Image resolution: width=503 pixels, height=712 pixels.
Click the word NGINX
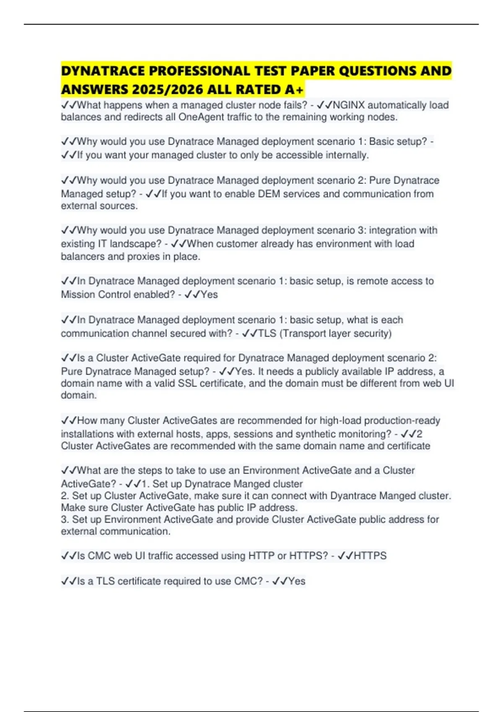(x=349, y=105)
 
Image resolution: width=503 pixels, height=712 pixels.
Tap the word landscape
(x=135, y=244)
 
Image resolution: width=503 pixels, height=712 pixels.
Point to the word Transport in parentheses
(x=303, y=333)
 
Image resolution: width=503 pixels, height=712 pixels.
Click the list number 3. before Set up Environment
(x=65, y=519)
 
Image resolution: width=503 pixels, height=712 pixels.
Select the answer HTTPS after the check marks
(x=370, y=556)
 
